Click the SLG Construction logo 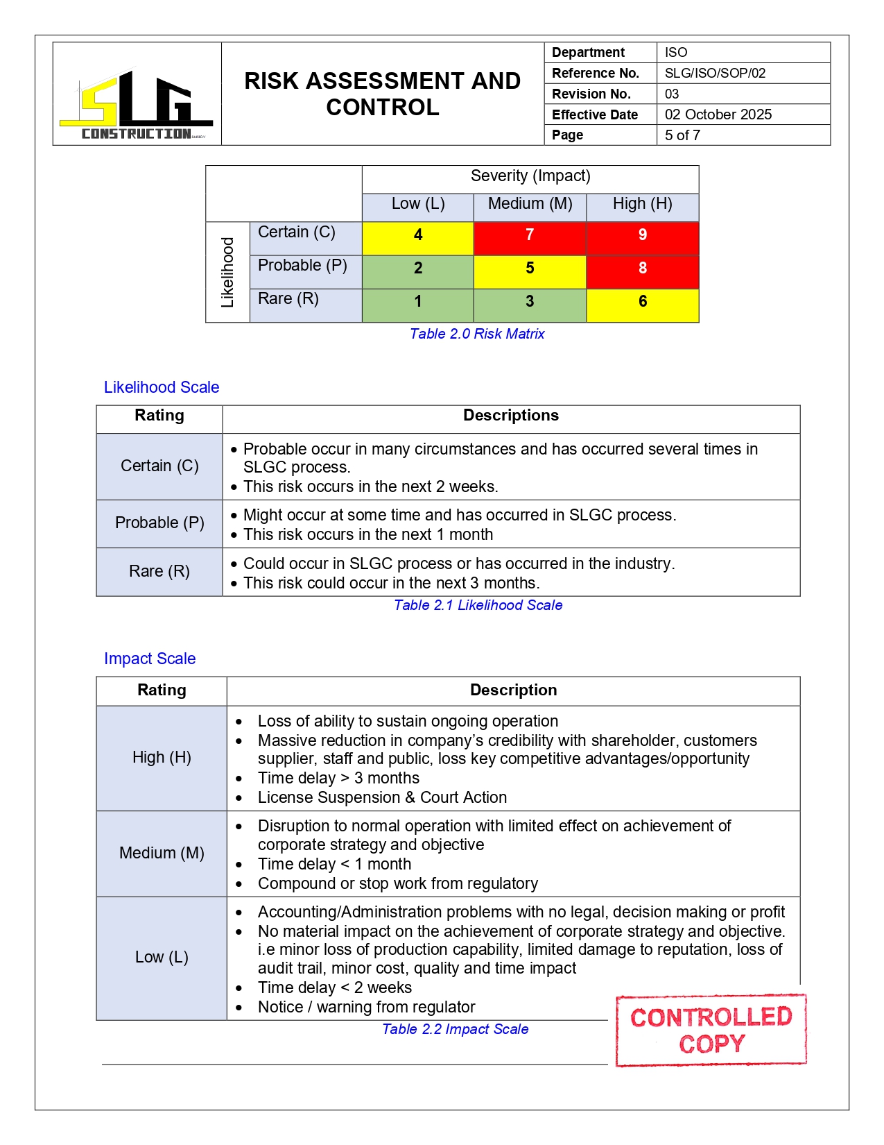click(137, 104)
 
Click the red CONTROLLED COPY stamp click(711, 1030)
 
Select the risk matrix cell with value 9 click(642, 235)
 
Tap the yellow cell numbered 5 click(530, 269)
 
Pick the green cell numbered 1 click(417, 302)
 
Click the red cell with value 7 click(530, 235)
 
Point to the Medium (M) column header click(530, 204)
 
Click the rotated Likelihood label click(227, 272)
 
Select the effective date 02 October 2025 click(718, 114)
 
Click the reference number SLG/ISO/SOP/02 click(715, 74)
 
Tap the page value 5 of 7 click(682, 135)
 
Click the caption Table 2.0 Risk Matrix click(477, 334)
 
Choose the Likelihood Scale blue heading click(162, 387)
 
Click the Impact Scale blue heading click(150, 659)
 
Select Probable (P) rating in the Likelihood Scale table click(159, 523)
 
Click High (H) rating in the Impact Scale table click(162, 757)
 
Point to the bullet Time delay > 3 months click(338, 778)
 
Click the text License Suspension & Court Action click(382, 797)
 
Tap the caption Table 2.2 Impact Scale click(455, 1029)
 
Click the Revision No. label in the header click(591, 94)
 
